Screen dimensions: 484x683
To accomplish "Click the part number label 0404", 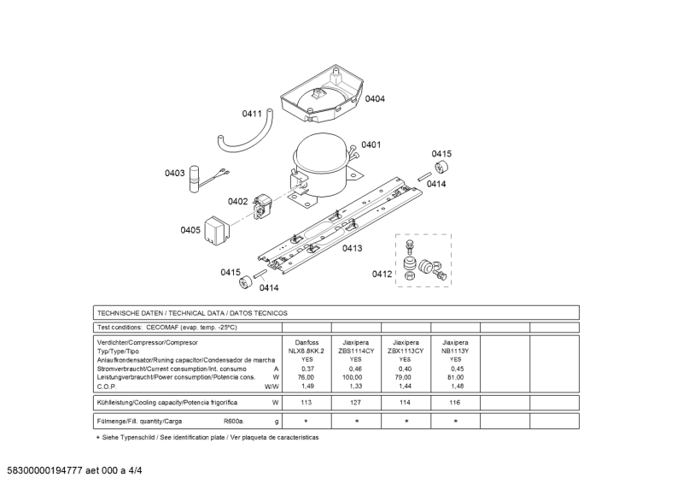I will pyautogui.click(x=375, y=99).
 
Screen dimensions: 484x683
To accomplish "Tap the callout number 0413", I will pyautogui.click(x=352, y=248).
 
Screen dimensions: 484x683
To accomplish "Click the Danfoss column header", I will pyautogui.click(x=306, y=342).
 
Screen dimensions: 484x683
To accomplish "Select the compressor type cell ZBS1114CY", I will pyautogui.click(x=356, y=351).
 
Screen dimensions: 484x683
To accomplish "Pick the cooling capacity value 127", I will pyautogui.click(x=356, y=402).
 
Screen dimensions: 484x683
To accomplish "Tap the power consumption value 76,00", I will pyautogui.click(x=306, y=377).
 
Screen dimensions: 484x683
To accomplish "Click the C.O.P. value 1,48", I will pyautogui.click(x=455, y=386).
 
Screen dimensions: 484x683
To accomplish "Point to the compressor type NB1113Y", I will pyautogui.click(x=455, y=351).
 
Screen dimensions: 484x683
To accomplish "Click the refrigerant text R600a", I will pyautogui.click(x=233, y=422).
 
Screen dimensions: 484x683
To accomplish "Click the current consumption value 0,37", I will pyautogui.click(x=306, y=369).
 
